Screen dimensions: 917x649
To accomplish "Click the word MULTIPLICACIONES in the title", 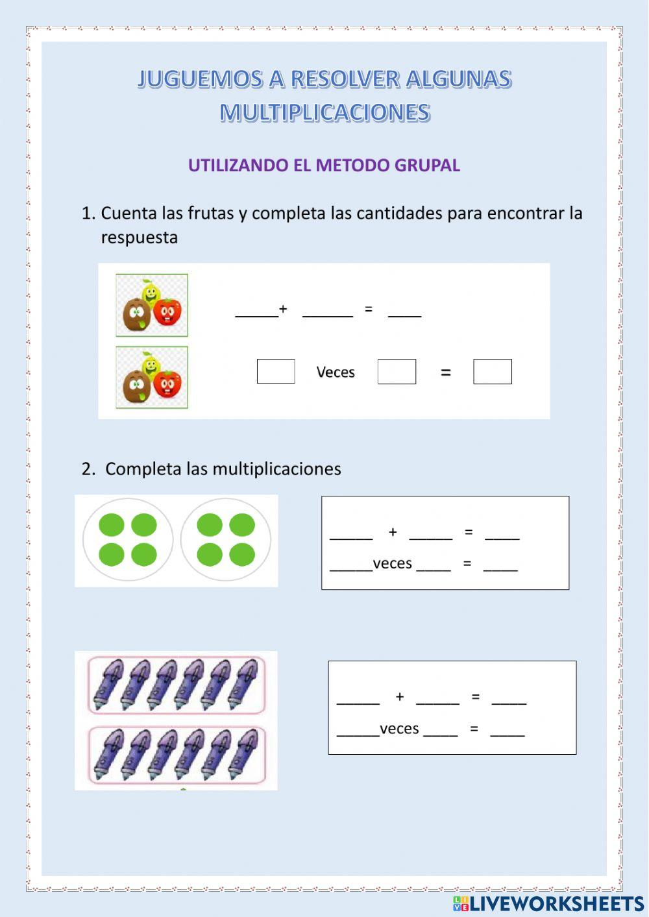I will (x=324, y=112).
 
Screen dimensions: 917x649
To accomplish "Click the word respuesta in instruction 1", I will (x=139, y=238).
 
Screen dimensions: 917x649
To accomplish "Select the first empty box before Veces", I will (x=276, y=371).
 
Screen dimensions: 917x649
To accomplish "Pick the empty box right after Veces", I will (x=397, y=371).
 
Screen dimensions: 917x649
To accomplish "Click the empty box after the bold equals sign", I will (x=493, y=371).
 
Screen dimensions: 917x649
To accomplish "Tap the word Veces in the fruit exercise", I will (x=336, y=373).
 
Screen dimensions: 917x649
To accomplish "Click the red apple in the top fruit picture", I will (x=168, y=312).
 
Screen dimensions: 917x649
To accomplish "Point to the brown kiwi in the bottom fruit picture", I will (x=136, y=387).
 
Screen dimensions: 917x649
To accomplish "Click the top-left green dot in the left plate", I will (x=112, y=525).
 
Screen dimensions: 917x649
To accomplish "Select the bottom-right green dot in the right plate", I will (x=242, y=555).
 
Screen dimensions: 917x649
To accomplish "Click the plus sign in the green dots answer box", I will (x=393, y=532).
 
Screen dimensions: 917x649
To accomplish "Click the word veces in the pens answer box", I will (x=399, y=729).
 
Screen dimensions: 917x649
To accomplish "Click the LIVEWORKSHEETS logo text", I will (x=556, y=903).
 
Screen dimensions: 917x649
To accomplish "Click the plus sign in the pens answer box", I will (x=400, y=697).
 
